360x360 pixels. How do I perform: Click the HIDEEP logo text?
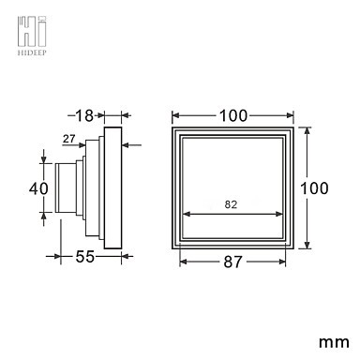coord(32,52)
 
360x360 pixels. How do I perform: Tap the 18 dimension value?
coord(84,116)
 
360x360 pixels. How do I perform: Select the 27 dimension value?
coord(69,139)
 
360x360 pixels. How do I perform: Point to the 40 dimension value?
coord(38,188)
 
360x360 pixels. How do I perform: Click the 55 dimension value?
coord(84,257)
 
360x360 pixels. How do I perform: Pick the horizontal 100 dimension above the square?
coord(233,115)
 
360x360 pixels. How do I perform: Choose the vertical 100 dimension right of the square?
coord(314,188)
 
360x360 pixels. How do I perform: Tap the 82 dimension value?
coord(231,204)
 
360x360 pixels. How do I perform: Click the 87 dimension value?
coord(232,262)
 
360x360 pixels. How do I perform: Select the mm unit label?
coord(334,342)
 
